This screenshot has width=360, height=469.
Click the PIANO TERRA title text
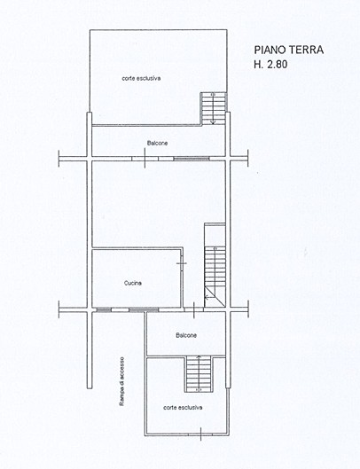pyautogui.click(x=289, y=50)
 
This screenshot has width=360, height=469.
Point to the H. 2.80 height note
pyautogui.click(x=270, y=65)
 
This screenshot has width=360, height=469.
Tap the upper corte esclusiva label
pyautogui.click(x=141, y=78)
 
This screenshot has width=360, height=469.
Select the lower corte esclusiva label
pyautogui.click(x=183, y=408)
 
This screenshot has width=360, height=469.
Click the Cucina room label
pyautogui.click(x=133, y=283)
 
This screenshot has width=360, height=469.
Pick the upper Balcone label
pyautogui.click(x=158, y=144)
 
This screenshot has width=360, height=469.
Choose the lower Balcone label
pyautogui.click(x=186, y=335)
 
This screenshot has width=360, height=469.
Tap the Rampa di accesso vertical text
pyautogui.click(x=121, y=381)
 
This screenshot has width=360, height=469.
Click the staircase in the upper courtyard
pyautogui.click(x=213, y=108)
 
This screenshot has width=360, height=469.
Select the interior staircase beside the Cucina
pyautogui.click(x=215, y=277)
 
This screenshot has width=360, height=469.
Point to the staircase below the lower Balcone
pyautogui.click(x=199, y=374)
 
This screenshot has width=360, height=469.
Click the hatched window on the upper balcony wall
pyautogui.click(x=192, y=159)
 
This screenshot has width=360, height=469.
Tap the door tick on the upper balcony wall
pyautogui.click(x=145, y=159)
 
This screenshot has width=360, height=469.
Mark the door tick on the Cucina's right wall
pyautogui.click(x=182, y=263)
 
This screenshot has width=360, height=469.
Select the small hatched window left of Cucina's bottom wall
pyautogui.click(x=104, y=309)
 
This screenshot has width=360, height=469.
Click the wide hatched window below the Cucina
pyautogui.click(x=144, y=309)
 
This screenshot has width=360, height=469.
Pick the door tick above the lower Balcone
pyautogui.click(x=194, y=310)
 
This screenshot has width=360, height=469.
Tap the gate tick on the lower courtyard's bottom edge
pyautogui.click(x=200, y=434)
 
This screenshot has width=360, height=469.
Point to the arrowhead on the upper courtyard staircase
pyautogui.click(x=213, y=122)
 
